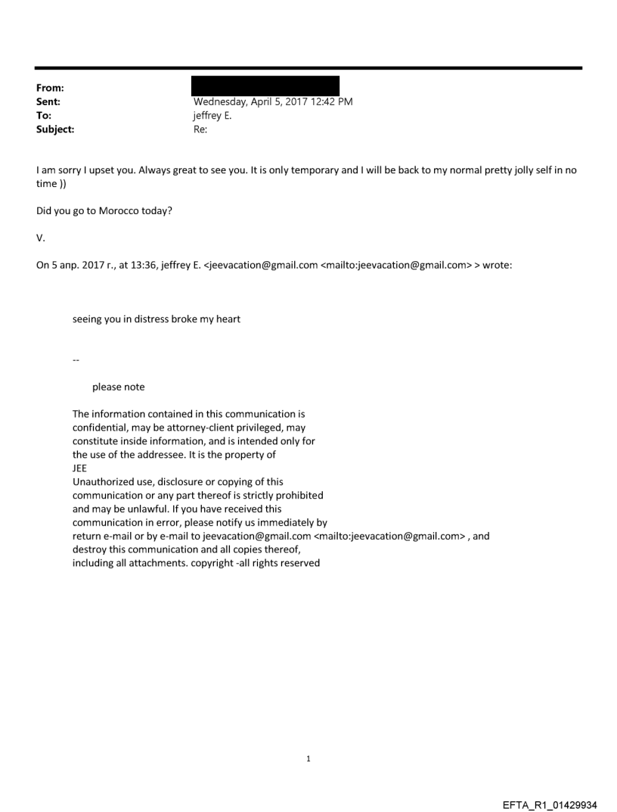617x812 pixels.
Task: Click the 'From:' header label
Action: pos(50,88)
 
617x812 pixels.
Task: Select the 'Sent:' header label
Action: pos(49,101)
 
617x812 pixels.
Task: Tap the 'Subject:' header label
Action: pos(56,129)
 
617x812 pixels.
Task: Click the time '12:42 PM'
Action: pos(333,101)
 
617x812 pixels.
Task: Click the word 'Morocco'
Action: pos(119,210)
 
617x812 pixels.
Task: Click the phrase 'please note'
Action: pos(118,387)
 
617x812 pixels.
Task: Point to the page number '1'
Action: pos(308,758)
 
